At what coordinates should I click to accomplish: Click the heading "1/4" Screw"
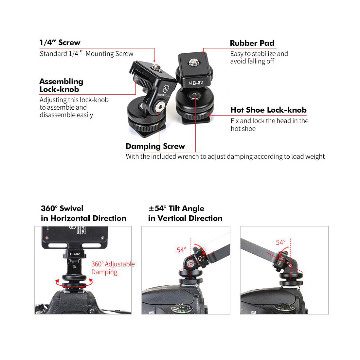[x=60, y=43]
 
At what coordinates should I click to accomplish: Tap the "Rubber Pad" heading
[x=252, y=43]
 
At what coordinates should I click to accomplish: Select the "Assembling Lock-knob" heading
[x=61, y=85]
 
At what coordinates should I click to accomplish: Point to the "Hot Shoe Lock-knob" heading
[x=268, y=110]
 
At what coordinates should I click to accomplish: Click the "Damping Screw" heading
[x=155, y=147]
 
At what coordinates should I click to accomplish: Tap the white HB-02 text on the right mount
[x=196, y=83]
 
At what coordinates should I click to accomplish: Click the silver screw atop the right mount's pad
[x=193, y=62]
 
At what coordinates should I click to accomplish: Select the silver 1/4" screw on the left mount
[x=156, y=67]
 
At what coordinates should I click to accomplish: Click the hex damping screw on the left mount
[x=160, y=107]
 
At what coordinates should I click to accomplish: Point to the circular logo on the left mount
[x=166, y=88]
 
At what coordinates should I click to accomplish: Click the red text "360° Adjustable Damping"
[x=113, y=268]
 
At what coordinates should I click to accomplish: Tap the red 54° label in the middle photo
[x=181, y=250]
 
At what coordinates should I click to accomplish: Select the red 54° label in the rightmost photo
[x=280, y=243]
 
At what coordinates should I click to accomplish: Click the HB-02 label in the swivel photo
[x=75, y=254]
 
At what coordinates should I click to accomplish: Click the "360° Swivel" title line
[x=62, y=208]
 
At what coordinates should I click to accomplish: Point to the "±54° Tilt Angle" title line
[x=176, y=208]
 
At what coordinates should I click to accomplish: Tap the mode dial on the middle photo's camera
[x=182, y=309]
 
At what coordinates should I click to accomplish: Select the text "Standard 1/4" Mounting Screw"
[x=86, y=53]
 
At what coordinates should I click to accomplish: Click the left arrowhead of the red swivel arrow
[x=57, y=281]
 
